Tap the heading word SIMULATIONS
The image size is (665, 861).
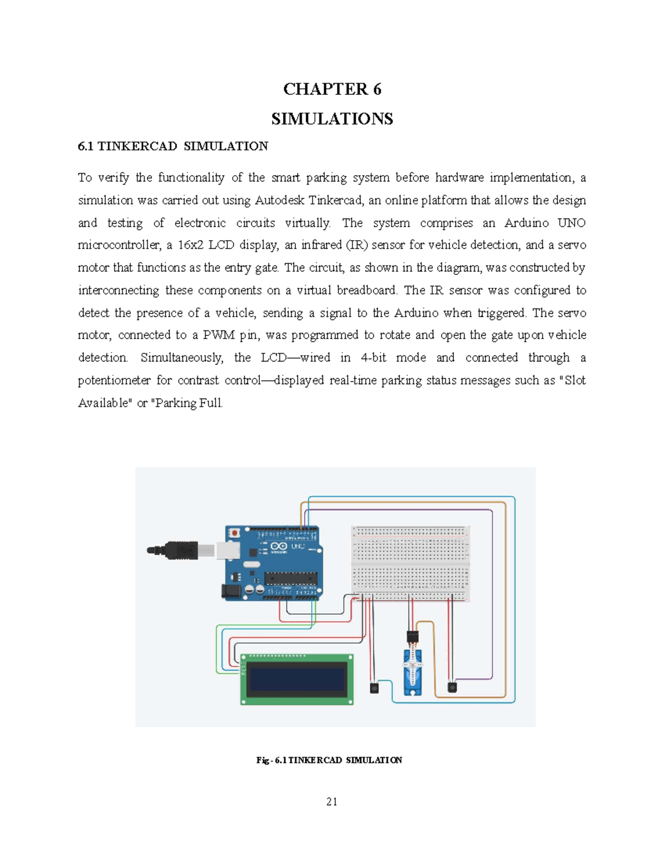[x=332, y=119]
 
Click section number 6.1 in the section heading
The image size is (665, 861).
[x=86, y=146]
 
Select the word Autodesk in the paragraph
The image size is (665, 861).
[x=279, y=200]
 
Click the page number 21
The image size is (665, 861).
[x=332, y=802]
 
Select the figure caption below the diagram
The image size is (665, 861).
[x=329, y=760]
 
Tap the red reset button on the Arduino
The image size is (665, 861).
[x=235, y=533]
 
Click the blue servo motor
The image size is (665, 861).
[x=412, y=672]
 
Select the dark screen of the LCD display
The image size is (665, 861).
[x=296, y=680]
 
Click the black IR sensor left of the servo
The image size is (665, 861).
[x=374, y=688]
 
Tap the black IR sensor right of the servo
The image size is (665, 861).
[x=453, y=687]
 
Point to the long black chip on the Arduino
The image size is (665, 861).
[x=291, y=579]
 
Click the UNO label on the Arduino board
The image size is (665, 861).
[x=298, y=547]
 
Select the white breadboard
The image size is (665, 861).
[x=411, y=564]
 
